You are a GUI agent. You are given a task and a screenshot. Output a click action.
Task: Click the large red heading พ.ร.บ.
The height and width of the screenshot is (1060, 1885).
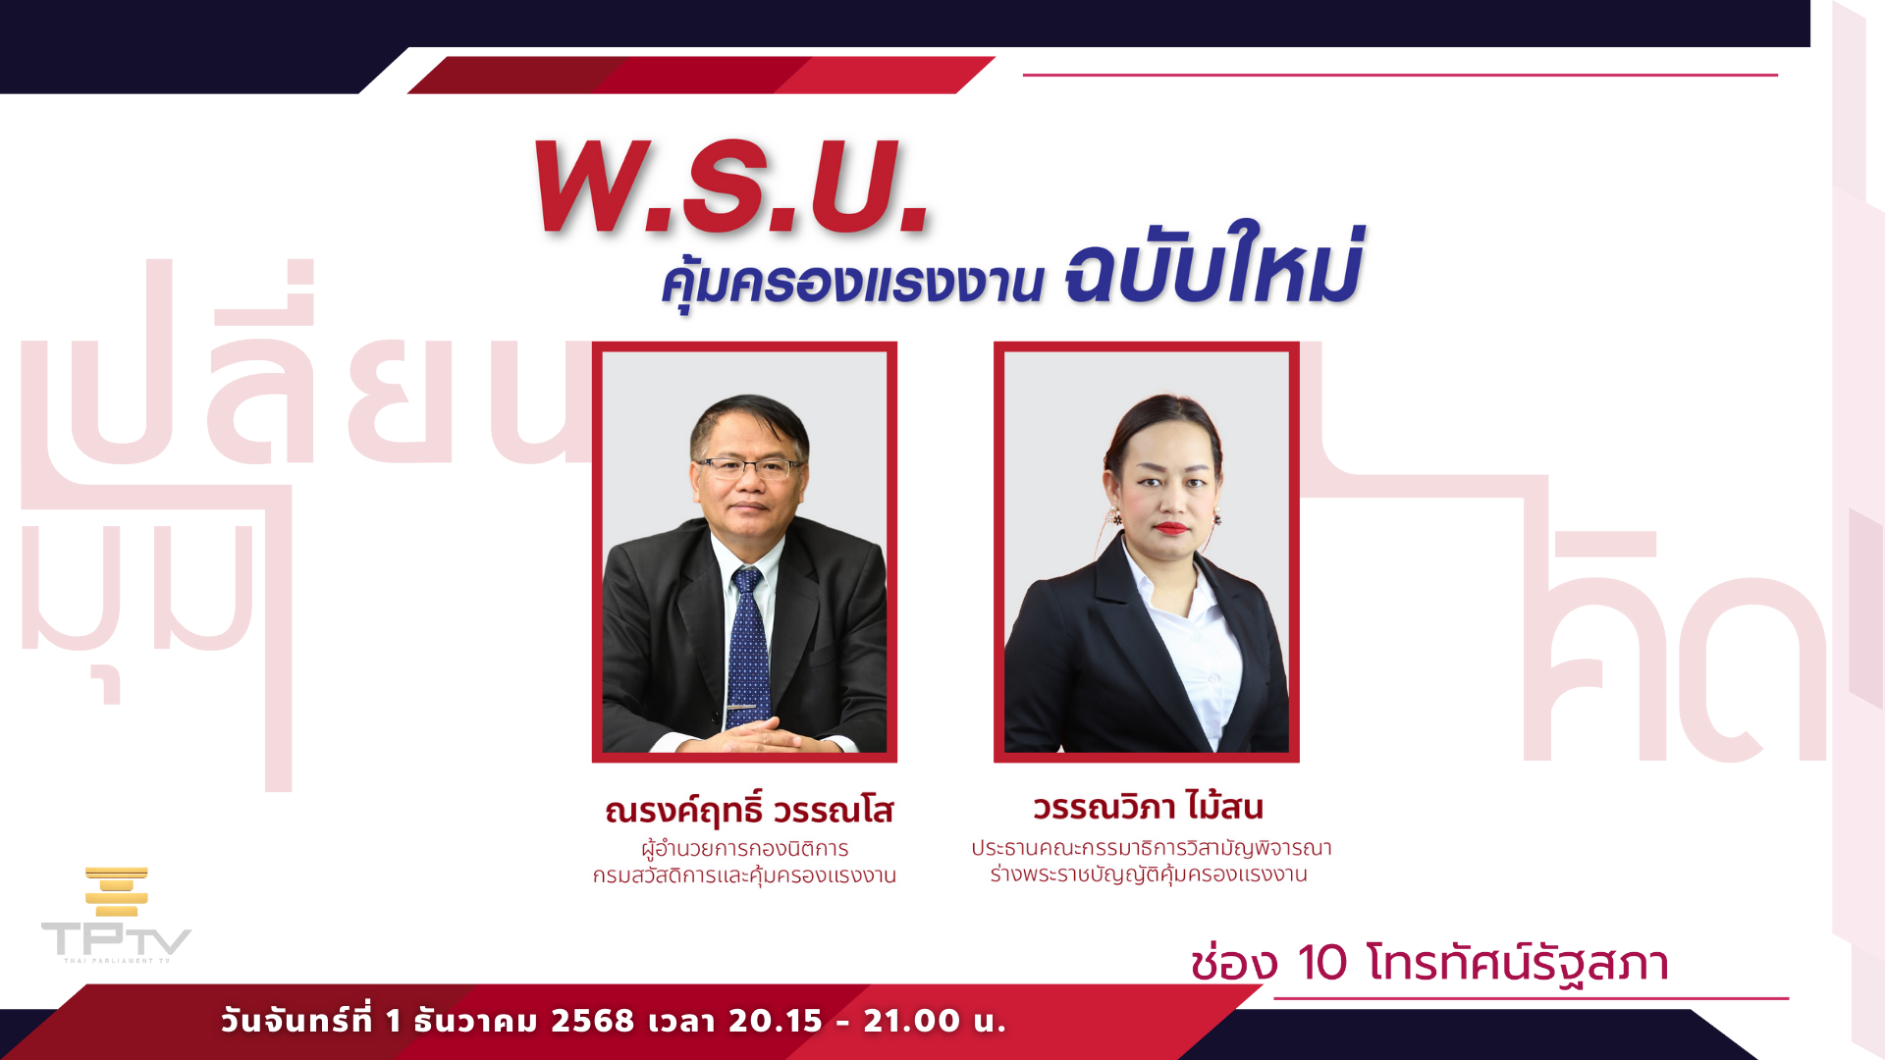click(x=731, y=186)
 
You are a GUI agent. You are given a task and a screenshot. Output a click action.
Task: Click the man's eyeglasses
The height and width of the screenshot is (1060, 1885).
click(x=748, y=468)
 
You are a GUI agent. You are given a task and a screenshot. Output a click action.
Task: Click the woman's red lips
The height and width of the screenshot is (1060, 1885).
click(x=1171, y=528)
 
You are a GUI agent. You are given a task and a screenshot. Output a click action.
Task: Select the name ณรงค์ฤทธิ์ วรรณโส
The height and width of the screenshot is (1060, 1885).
click(x=749, y=811)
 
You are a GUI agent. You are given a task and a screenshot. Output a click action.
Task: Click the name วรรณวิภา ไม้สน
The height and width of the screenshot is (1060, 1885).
click(x=1148, y=807)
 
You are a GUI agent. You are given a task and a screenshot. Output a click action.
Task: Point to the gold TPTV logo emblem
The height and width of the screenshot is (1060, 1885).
click(x=117, y=891)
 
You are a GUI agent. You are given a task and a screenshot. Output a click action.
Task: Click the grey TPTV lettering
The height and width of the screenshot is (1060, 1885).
click(x=116, y=939)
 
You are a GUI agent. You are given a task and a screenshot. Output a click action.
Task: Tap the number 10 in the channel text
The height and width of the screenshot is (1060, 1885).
click(x=1321, y=963)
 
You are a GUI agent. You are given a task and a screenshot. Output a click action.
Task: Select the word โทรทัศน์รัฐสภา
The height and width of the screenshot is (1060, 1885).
click(x=1517, y=964)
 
